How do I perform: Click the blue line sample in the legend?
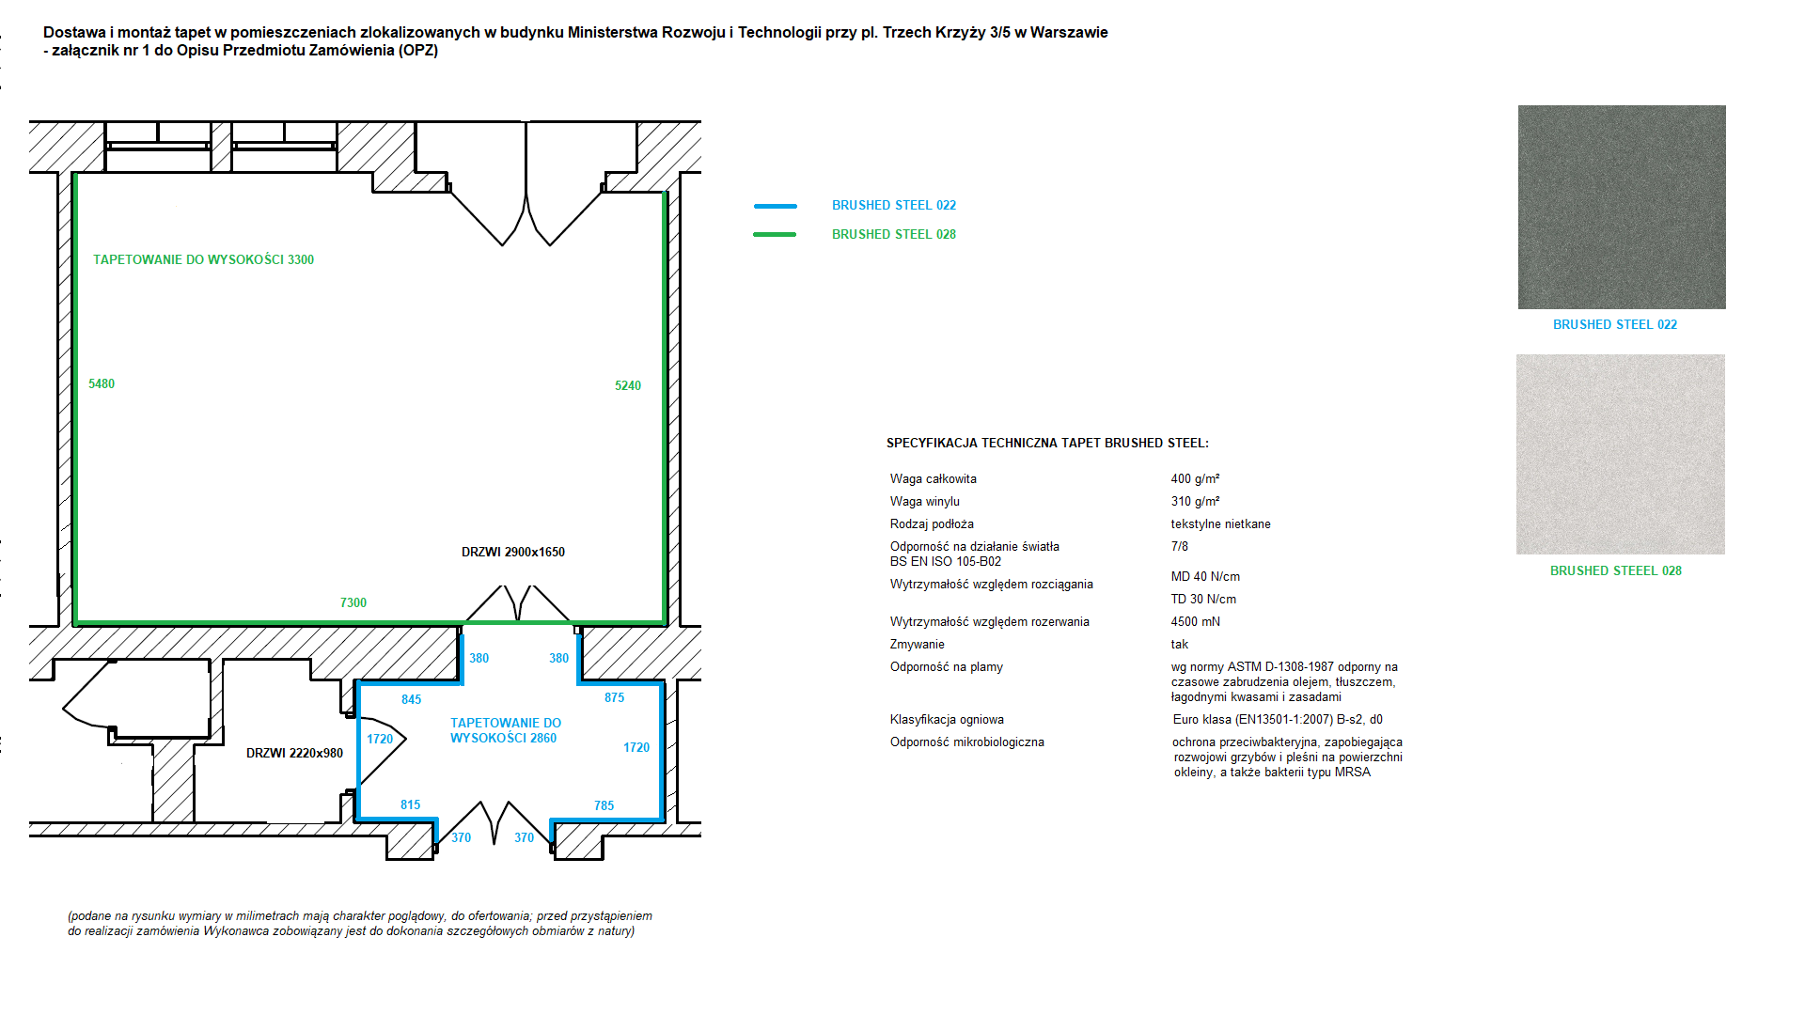tap(775, 206)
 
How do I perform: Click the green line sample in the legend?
tap(775, 234)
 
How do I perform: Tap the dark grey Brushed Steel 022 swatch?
tap(1621, 207)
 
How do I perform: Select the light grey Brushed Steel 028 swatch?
tap(1620, 454)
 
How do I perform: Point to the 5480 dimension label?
tap(102, 383)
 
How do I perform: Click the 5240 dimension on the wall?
tap(628, 385)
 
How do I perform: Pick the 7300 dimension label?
tap(353, 602)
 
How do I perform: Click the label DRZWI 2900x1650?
tap(513, 552)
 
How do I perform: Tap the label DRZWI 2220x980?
tap(294, 753)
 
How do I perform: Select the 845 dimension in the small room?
tap(411, 699)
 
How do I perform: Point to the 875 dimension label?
tap(614, 697)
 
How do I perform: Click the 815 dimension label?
tap(410, 804)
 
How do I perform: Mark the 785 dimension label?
tap(604, 805)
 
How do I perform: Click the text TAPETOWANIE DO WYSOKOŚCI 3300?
tap(203, 259)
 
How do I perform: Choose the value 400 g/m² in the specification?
tap(1195, 478)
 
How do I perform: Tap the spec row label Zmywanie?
tap(917, 644)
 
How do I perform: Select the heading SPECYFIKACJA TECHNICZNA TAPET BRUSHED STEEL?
tap(1047, 443)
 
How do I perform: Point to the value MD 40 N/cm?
tap(1205, 576)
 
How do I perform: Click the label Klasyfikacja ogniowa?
tap(947, 719)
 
